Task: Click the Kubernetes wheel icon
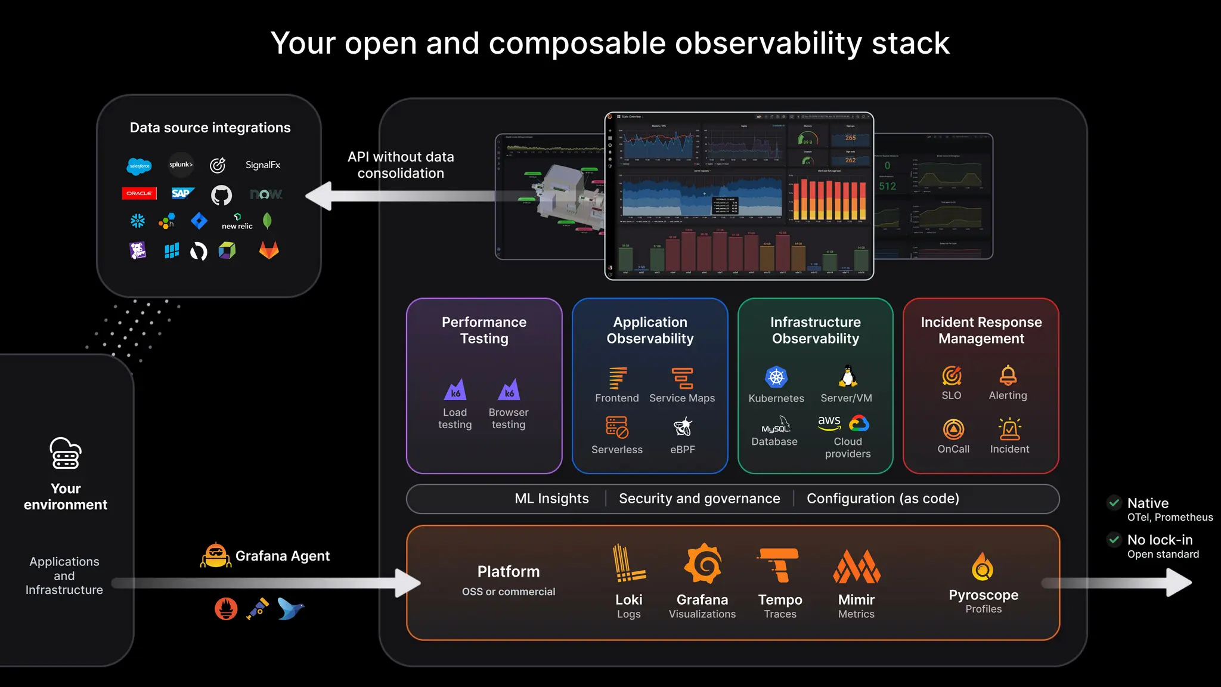(x=776, y=377)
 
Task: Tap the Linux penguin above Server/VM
(x=847, y=376)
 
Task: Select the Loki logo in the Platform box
(x=628, y=564)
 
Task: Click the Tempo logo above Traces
(x=779, y=564)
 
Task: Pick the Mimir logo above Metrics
(x=856, y=566)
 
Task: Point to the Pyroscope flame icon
(x=983, y=566)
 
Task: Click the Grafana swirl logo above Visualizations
(x=702, y=564)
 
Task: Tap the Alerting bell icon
(x=1008, y=375)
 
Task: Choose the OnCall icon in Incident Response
(x=953, y=429)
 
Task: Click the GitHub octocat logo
(x=221, y=194)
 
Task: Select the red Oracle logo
(x=139, y=193)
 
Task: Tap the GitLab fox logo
(x=269, y=250)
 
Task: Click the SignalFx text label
(x=262, y=165)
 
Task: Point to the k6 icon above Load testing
(x=455, y=390)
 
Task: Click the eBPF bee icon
(x=682, y=427)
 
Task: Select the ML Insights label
(x=551, y=499)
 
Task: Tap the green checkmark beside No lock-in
(x=1114, y=540)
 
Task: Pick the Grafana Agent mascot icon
(x=215, y=555)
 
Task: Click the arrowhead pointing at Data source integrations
(x=319, y=196)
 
